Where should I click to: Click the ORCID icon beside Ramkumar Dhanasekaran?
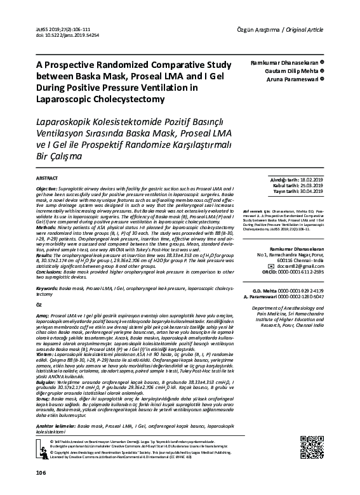[x=324, y=62]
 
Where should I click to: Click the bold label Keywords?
[x=46, y=288]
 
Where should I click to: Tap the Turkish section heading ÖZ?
[x=38, y=305]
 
